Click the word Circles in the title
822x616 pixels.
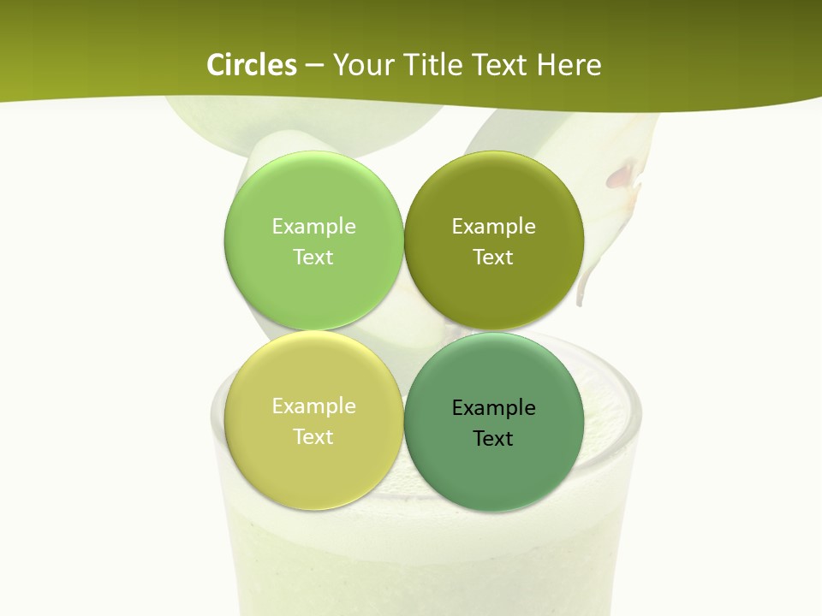click(252, 65)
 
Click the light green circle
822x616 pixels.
click(313, 282)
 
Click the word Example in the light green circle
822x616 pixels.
click(313, 227)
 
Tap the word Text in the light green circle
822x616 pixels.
click(313, 258)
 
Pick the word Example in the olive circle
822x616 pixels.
click(493, 227)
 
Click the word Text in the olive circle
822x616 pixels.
click(493, 258)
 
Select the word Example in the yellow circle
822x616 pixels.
click(313, 406)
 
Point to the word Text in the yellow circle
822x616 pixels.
click(313, 437)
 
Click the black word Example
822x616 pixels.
click(493, 408)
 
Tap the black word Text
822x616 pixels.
click(493, 439)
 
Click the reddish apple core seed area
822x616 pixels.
click(623, 175)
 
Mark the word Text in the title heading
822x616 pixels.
click(501, 65)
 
